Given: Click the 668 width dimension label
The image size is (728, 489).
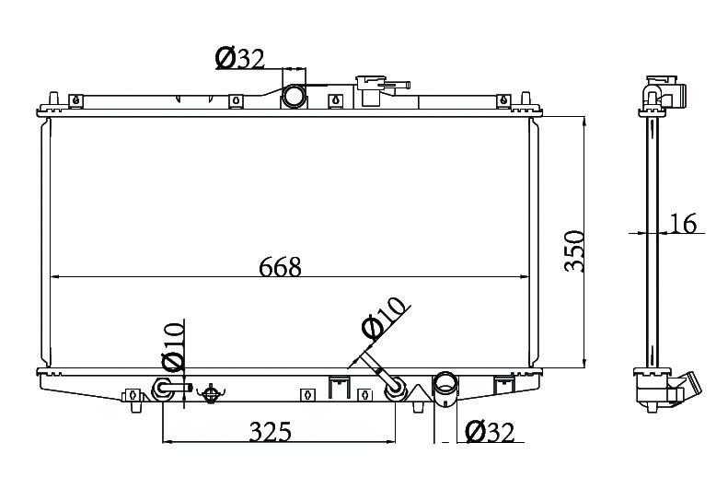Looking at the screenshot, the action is [x=280, y=266].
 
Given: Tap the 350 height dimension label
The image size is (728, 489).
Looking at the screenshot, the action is [x=574, y=250].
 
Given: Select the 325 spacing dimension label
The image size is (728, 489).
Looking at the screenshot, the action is [x=271, y=431].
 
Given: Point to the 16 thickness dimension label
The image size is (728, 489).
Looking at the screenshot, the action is [x=683, y=224].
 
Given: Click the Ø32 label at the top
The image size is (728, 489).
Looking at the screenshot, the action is [x=239, y=59].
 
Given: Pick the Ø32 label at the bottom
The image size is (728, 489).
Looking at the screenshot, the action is [x=491, y=432].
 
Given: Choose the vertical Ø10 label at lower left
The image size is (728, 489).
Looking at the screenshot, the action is [x=173, y=347].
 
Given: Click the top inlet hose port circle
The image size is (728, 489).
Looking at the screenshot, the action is [x=294, y=97].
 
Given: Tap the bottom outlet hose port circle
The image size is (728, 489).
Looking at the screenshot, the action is [x=445, y=385].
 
